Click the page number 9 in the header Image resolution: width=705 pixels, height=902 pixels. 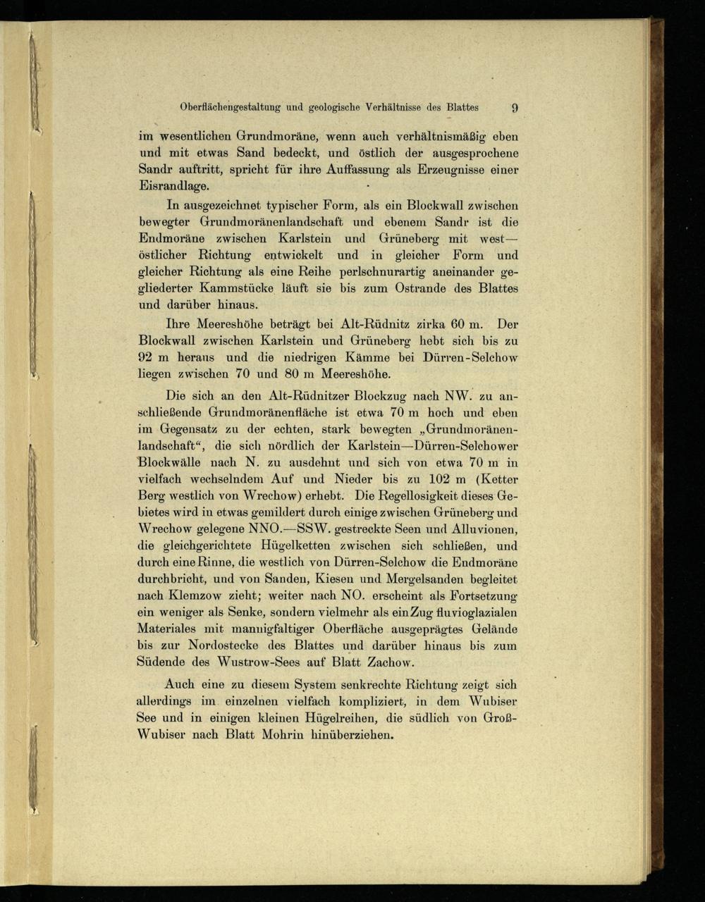pyautogui.click(x=515, y=108)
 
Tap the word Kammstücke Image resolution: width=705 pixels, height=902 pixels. pyautogui.click(x=237, y=289)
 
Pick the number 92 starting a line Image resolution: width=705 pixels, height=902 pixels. pyautogui.click(x=145, y=359)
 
